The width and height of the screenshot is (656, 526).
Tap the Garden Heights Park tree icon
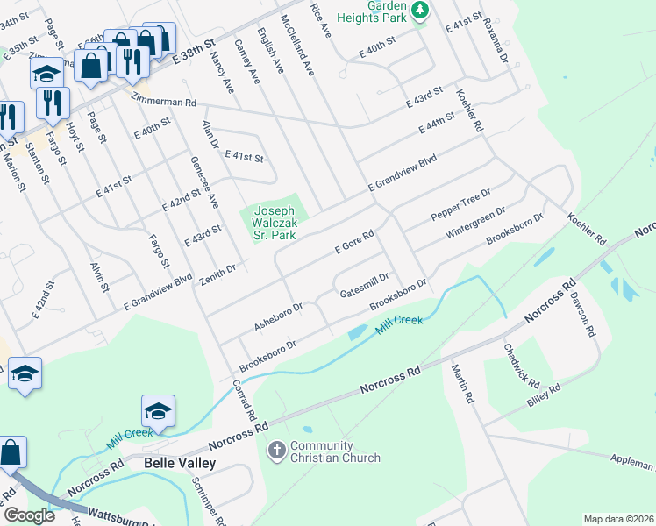(421, 10)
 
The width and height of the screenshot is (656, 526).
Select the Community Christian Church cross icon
(276, 451)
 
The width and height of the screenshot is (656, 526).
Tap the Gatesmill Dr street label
(364, 281)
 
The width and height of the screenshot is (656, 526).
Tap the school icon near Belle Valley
(158, 410)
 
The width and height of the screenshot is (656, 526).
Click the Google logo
(28, 515)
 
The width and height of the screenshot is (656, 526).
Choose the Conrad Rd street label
(244, 400)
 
